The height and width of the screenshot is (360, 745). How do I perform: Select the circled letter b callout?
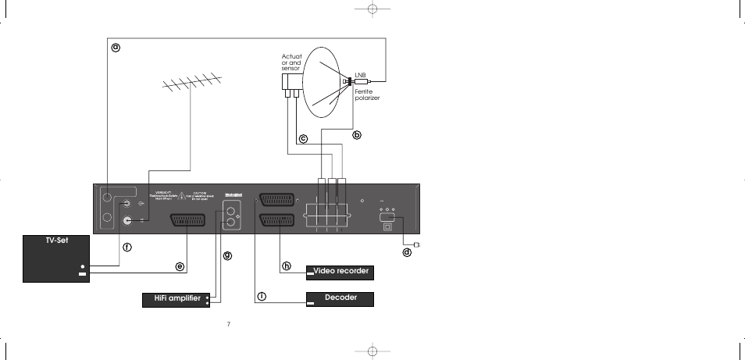(357, 134)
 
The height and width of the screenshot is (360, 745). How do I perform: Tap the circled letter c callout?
(303, 139)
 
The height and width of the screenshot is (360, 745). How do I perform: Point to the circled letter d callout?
(406, 252)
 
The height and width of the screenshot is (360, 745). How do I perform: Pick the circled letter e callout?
(180, 266)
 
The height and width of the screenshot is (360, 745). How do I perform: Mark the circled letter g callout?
(228, 255)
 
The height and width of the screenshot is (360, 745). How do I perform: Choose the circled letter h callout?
(287, 266)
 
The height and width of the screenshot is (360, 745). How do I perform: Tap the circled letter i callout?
(262, 296)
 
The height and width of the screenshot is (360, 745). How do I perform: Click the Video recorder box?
(340, 272)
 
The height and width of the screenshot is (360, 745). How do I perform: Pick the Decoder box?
(340, 298)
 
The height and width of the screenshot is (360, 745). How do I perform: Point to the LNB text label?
(360, 75)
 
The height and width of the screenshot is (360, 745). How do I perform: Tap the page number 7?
(228, 324)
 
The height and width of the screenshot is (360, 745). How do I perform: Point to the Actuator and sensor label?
(291, 62)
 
